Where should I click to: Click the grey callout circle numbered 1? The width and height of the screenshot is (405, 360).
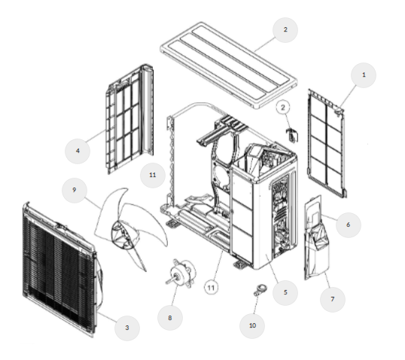(364, 75)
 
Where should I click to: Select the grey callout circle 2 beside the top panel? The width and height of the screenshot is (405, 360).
(285, 30)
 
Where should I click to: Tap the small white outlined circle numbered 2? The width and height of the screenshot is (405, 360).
(283, 108)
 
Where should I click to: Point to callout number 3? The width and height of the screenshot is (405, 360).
(127, 328)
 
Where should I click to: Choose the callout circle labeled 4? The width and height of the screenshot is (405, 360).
(78, 151)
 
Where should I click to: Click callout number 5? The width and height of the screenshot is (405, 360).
(285, 292)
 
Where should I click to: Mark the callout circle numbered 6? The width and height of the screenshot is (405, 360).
(349, 224)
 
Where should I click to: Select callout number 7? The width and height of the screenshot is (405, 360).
(333, 299)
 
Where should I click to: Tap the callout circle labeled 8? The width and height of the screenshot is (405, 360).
(170, 318)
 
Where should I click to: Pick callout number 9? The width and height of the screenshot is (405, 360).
(75, 191)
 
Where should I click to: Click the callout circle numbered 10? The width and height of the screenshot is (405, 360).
(252, 325)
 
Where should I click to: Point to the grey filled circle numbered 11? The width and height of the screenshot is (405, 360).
(153, 175)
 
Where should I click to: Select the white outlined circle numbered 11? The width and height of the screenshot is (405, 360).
(212, 288)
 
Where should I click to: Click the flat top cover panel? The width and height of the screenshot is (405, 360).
(229, 66)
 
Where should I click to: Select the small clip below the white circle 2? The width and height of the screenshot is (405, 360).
(292, 134)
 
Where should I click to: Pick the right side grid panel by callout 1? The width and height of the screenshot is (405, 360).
(327, 144)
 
